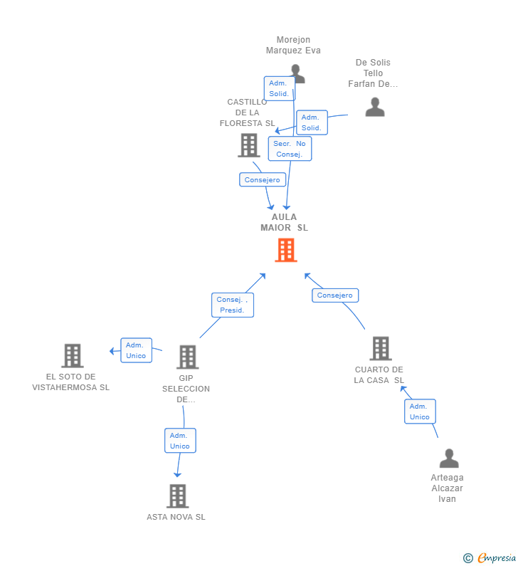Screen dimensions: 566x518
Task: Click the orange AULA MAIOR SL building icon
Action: point(285,250)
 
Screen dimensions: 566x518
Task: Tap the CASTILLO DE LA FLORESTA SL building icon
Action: point(248,145)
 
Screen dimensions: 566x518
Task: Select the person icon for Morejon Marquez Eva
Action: point(298,73)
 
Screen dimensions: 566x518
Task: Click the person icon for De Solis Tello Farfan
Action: point(374,107)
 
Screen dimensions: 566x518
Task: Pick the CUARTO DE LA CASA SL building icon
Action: point(381,348)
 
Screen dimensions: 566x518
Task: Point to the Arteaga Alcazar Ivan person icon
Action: point(448,458)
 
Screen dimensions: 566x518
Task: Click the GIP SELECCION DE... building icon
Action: point(187,357)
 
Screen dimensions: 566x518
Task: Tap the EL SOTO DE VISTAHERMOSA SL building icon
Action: point(72,355)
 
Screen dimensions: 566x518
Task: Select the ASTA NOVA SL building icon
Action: point(177,496)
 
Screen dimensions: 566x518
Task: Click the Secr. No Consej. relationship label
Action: point(290,149)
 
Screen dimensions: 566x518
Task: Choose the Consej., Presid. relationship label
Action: point(232,305)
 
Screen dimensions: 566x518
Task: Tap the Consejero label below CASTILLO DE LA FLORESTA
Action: point(263,180)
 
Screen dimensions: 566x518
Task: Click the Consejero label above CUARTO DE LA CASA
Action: point(335,295)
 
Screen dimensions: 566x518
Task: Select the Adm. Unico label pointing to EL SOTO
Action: point(136,350)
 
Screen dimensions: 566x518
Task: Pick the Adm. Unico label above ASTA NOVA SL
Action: point(179,441)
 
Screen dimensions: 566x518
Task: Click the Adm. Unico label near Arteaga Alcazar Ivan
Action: point(420,412)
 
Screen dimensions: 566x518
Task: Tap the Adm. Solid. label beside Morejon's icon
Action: point(279,88)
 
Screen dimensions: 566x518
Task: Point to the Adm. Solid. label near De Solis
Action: point(312,122)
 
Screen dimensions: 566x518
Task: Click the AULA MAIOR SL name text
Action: point(284,222)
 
